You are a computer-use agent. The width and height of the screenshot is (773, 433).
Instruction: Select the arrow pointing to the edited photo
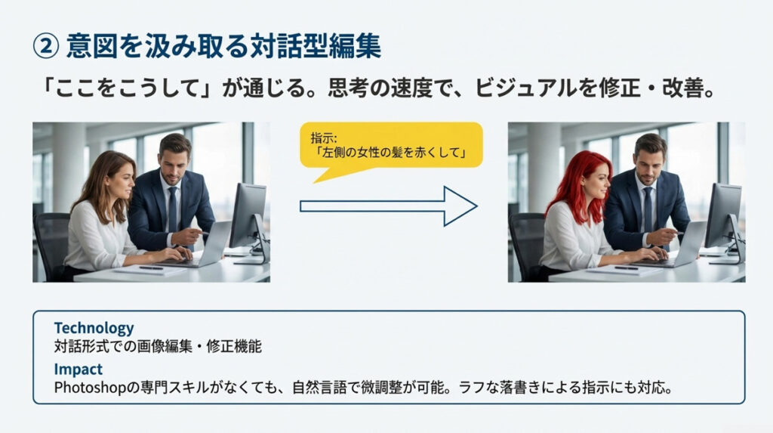pos(388,206)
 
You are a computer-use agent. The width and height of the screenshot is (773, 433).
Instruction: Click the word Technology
pos(94,328)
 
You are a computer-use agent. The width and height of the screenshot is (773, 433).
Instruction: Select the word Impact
pos(78,369)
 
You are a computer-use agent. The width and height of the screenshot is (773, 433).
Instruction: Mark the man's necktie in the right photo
pos(647,207)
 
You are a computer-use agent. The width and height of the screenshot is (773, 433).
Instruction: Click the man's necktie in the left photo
pos(173,207)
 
